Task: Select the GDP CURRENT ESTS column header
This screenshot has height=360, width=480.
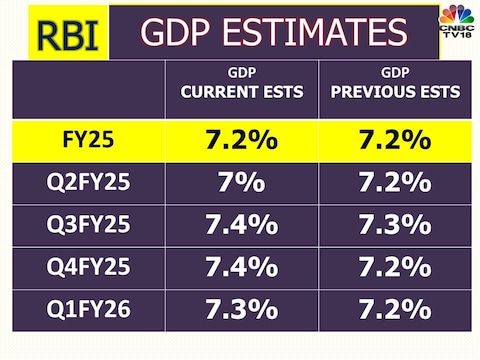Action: click(x=241, y=84)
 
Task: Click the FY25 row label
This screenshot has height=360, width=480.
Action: click(x=87, y=142)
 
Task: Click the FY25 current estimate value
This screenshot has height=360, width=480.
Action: click(x=241, y=142)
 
